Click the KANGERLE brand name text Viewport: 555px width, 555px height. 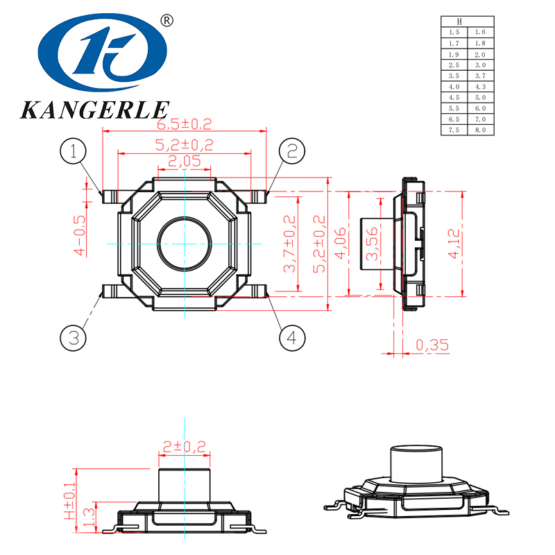pos(94,110)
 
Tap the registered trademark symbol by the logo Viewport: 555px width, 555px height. pos(166,21)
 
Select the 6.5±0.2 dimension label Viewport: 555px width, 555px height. pos(184,124)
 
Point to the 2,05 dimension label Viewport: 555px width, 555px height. pos(184,161)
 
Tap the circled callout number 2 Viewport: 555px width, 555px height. pos(292,151)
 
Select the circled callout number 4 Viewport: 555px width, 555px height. pos(292,338)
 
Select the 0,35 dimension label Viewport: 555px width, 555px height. pos(432,345)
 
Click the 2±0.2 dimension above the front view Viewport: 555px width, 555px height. pos(184,447)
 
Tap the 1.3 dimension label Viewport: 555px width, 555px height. pos(89,517)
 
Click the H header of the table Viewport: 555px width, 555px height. pos(467,22)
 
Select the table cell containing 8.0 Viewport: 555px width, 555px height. pos(479,130)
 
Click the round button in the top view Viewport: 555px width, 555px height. pos(185,244)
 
